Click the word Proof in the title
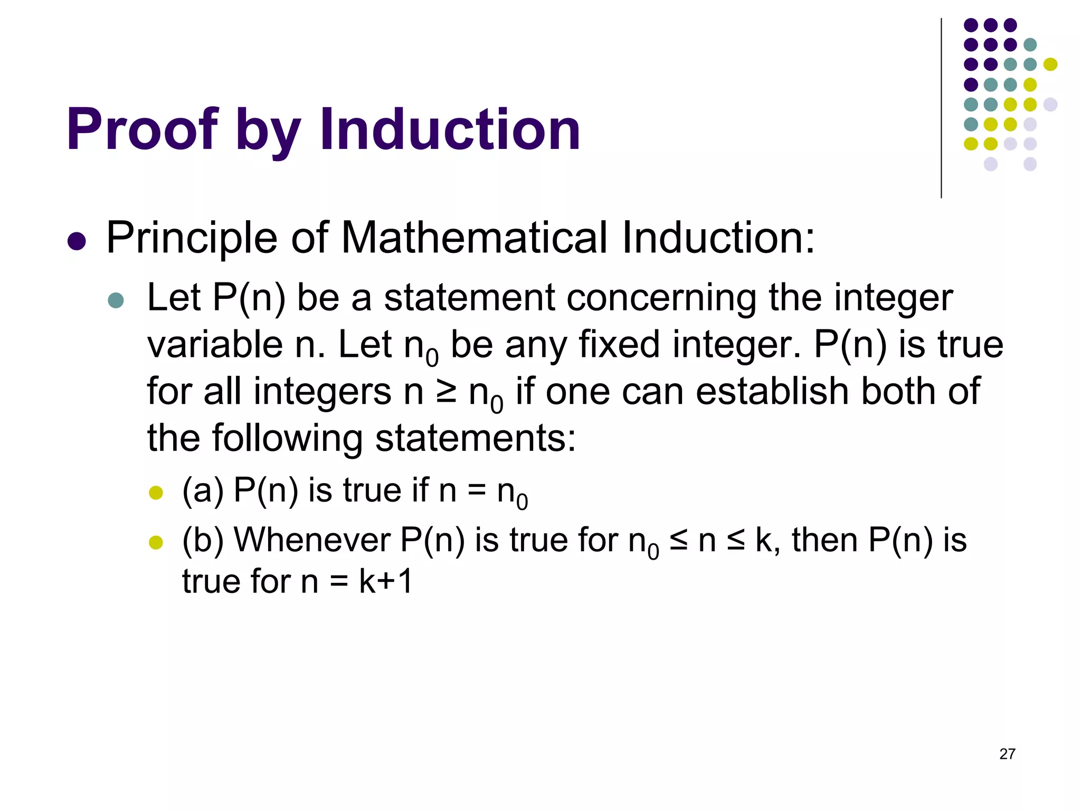click(141, 130)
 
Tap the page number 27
click(1007, 754)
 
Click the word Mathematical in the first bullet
click(474, 238)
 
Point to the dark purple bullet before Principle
click(77, 241)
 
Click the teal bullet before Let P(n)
click(116, 300)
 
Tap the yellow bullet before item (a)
click(156, 493)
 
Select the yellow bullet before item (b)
click(156, 542)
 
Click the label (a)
click(203, 490)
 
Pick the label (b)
click(203, 540)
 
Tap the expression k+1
click(386, 581)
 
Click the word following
click(287, 439)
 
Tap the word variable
click(215, 345)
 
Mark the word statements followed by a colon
click(474, 439)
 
